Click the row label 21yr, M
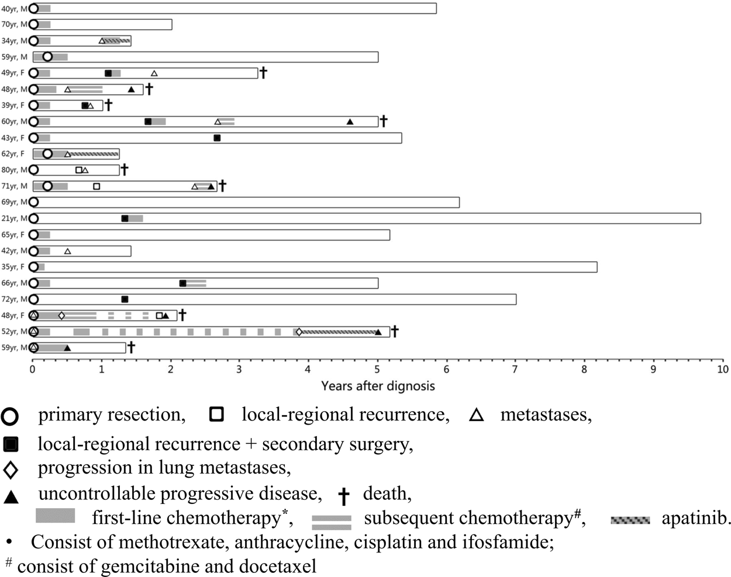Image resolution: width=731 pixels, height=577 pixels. [14, 218]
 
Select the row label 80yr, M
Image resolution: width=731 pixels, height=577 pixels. [14, 170]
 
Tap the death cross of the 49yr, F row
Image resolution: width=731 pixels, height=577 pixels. [263, 72]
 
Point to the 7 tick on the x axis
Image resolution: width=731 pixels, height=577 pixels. [516, 369]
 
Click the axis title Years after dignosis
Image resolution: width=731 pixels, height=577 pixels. [378, 386]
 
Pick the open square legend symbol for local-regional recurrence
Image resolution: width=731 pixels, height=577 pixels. [217, 415]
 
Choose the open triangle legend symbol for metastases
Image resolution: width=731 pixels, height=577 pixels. [477, 415]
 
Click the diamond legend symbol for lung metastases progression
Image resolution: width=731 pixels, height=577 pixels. [11, 470]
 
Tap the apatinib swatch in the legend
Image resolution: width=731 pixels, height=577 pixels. [630, 519]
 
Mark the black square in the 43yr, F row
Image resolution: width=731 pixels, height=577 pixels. [217, 138]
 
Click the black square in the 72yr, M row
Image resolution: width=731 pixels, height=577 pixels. [125, 299]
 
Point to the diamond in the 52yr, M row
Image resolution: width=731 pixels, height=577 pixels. [299, 332]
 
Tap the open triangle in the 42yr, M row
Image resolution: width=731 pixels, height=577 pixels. [67, 251]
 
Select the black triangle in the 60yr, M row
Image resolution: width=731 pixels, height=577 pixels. [350, 121]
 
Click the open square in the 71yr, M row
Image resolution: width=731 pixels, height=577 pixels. [96, 186]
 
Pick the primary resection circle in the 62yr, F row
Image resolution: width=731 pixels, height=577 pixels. [47, 154]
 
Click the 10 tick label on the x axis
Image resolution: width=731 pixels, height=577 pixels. [723, 369]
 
